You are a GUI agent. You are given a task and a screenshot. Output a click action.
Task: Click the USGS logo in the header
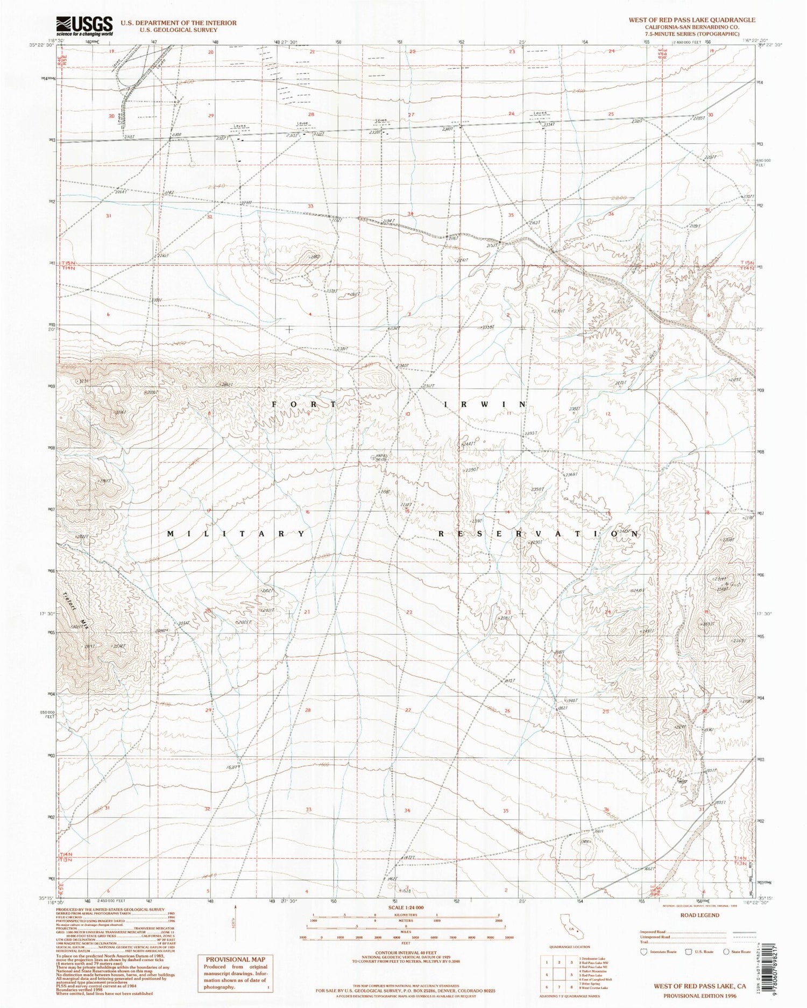click(x=84, y=26)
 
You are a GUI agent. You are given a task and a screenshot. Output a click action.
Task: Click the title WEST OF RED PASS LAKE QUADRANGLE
click(x=692, y=20)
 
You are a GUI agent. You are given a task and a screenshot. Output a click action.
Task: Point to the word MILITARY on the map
click(x=236, y=533)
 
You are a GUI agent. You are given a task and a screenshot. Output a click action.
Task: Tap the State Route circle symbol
click(x=727, y=951)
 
